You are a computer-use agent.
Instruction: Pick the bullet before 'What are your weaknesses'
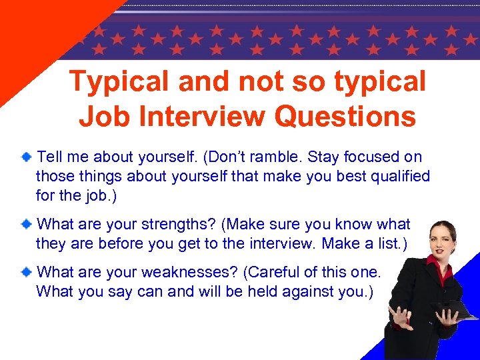point(25,272)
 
